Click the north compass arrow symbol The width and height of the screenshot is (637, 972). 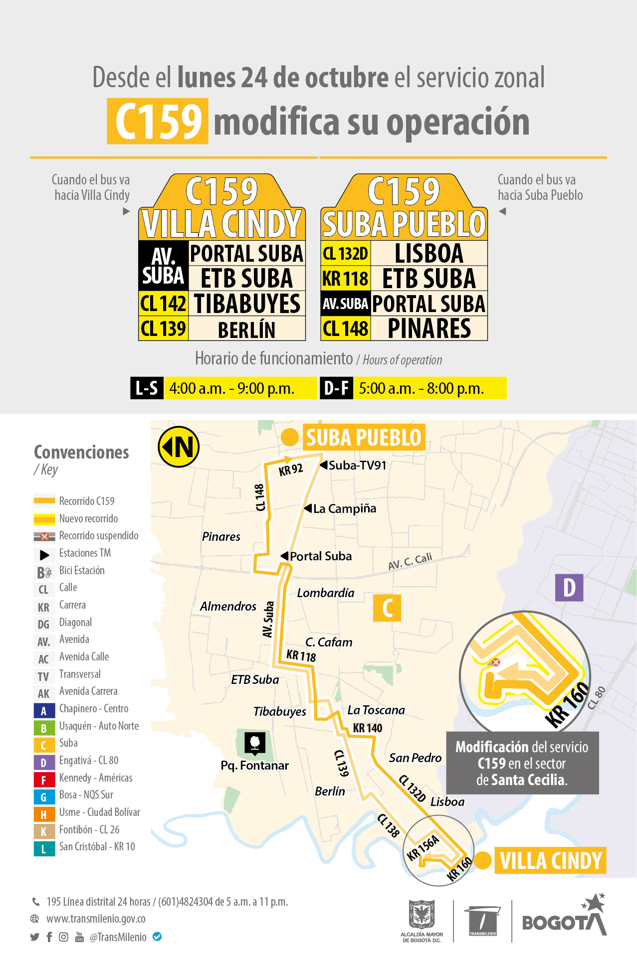pyautogui.click(x=179, y=447)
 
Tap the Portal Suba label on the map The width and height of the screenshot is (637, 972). pyautogui.click(x=320, y=556)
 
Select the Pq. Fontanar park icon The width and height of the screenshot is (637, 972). pyautogui.click(x=255, y=743)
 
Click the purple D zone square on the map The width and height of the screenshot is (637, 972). pyautogui.click(x=569, y=588)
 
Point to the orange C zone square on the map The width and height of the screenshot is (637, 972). pyautogui.click(x=387, y=608)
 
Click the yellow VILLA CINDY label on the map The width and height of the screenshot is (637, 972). pyautogui.click(x=550, y=860)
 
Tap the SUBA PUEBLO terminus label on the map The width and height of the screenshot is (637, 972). pyautogui.click(x=364, y=437)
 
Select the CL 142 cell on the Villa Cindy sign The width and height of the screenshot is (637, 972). pyautogui.click(x=163, y=304)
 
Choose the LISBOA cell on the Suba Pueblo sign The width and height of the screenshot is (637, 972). pyautogui.click(x=428, y=253)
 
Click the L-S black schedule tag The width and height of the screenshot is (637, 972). pyautogui.click(x=147, y=388)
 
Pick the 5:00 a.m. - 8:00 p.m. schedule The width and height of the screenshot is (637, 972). pyautogui.click(x=422, y=388)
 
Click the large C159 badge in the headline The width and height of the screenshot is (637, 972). pyautogui.click(x=158, y=122)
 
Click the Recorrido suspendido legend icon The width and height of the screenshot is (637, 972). pyautogui.click(x=44, y=536)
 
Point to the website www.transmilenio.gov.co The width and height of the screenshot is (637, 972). pyautogui.click(x=96, y=919)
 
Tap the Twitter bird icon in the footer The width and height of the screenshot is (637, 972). pyautogui.click(x=34, y=937)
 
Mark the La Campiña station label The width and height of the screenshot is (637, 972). pyautogui.click(x=344, y=508)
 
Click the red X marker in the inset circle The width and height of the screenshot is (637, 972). pyautogui.click(x=496, y=662)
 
